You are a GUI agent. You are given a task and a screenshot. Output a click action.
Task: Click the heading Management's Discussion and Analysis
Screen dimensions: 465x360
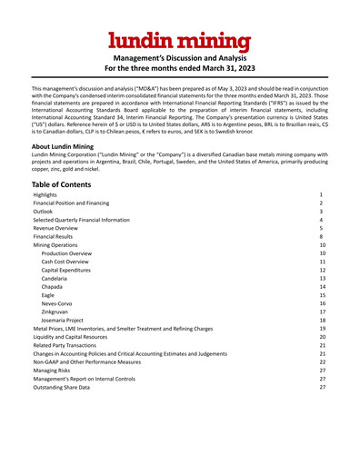[180, 57]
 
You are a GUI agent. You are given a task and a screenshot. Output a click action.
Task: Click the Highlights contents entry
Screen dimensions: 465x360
[45, 195]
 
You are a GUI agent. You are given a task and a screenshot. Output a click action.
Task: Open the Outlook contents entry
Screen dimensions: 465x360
[44, 212]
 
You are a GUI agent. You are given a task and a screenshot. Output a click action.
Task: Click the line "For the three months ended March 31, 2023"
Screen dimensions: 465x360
[180, 68]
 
